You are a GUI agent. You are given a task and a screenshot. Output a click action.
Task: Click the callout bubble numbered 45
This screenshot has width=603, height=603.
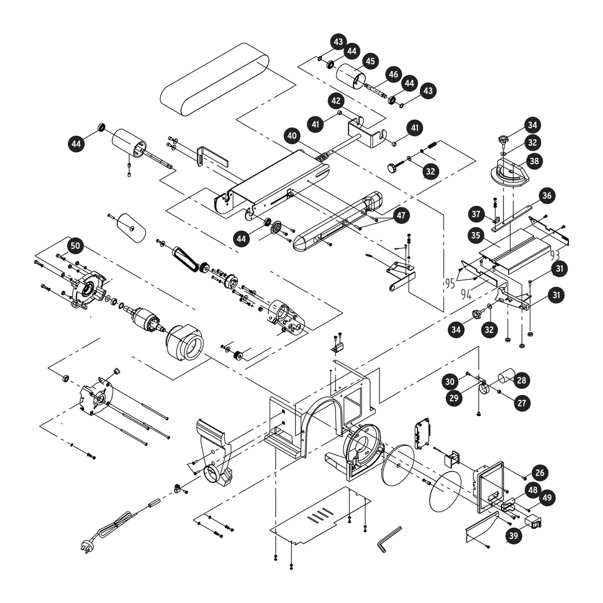click(x=370, y=61)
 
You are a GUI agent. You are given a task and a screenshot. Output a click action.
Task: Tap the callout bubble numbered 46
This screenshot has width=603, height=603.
click(x=393, y=74)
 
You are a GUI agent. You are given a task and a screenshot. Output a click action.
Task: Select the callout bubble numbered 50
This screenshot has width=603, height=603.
click(x=75, y=246)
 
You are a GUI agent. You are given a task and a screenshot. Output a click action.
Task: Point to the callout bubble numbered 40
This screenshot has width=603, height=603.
click(x=292, y=136)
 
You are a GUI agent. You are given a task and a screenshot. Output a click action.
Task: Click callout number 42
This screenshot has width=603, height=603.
click(x=336, y=101)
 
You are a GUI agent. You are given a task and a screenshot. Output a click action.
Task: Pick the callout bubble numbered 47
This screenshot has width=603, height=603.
click(x=401, y=215)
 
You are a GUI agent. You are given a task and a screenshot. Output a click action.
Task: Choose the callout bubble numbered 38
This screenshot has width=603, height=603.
click(x=534, y=161)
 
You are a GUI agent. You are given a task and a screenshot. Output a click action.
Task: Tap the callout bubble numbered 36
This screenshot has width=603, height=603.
click(x=547, y=196)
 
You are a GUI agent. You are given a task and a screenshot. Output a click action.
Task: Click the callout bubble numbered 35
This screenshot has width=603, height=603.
click(x=475, y=235)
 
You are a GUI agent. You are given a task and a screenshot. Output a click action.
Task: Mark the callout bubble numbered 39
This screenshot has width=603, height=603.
click(x=514, y=536)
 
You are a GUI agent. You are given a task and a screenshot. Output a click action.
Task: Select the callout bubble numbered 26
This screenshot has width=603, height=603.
click(x=540, y=472)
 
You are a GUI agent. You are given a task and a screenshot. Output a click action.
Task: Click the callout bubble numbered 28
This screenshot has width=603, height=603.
click(x=522, y=380)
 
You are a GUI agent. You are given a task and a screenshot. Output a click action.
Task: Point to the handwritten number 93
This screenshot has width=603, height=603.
click(x=554, y=255)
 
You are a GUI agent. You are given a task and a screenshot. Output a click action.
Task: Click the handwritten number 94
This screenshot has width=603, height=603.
click(x=466, y=294)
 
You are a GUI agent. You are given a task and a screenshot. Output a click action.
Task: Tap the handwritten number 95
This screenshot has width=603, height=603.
click(x=450, y=283)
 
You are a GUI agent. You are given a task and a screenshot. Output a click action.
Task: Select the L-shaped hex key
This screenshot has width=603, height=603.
click(x=389, y=540)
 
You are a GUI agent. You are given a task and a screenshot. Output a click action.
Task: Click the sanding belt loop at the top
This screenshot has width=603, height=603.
click(x=215, y=79)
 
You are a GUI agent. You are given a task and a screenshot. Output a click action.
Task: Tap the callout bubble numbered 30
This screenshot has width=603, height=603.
click(x=450, y=381)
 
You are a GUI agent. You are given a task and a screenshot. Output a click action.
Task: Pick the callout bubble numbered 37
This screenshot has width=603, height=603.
click(x=476, y=214)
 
